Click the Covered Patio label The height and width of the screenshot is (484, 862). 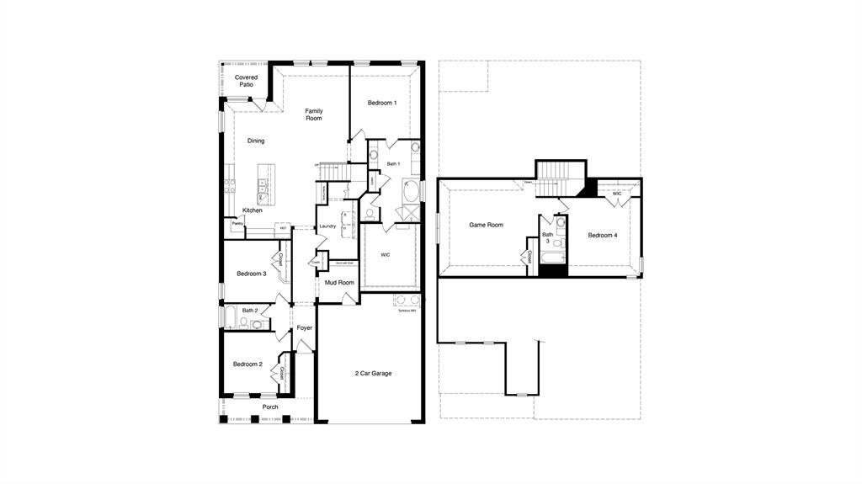click(x=246, y=81)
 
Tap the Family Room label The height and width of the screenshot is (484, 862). click(x=314, y=114)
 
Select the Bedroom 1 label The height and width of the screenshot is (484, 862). click(x=381, y=103)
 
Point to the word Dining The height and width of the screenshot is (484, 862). click(x=256, y=141)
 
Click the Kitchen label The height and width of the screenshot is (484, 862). click(x=253, y=210)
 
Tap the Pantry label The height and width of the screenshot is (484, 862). click(x=238, y=223)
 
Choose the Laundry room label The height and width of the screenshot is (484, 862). click(x=327, y=226)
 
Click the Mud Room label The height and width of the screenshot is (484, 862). click(x=339, y=282)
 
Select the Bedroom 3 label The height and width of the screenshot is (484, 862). click(x=251, y=274)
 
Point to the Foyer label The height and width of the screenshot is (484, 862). click(x=304, y=327)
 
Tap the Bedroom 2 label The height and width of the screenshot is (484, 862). click(x=247, y=364)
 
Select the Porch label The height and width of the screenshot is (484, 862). click(x=270, y=407)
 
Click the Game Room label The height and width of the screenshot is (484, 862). click(x=486, y=225)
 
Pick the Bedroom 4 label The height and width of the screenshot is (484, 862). click(x=603, y=235)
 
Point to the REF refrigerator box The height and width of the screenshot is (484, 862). click(x=283, y=228)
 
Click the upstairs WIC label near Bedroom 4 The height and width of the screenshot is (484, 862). click(x=617, y=194)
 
